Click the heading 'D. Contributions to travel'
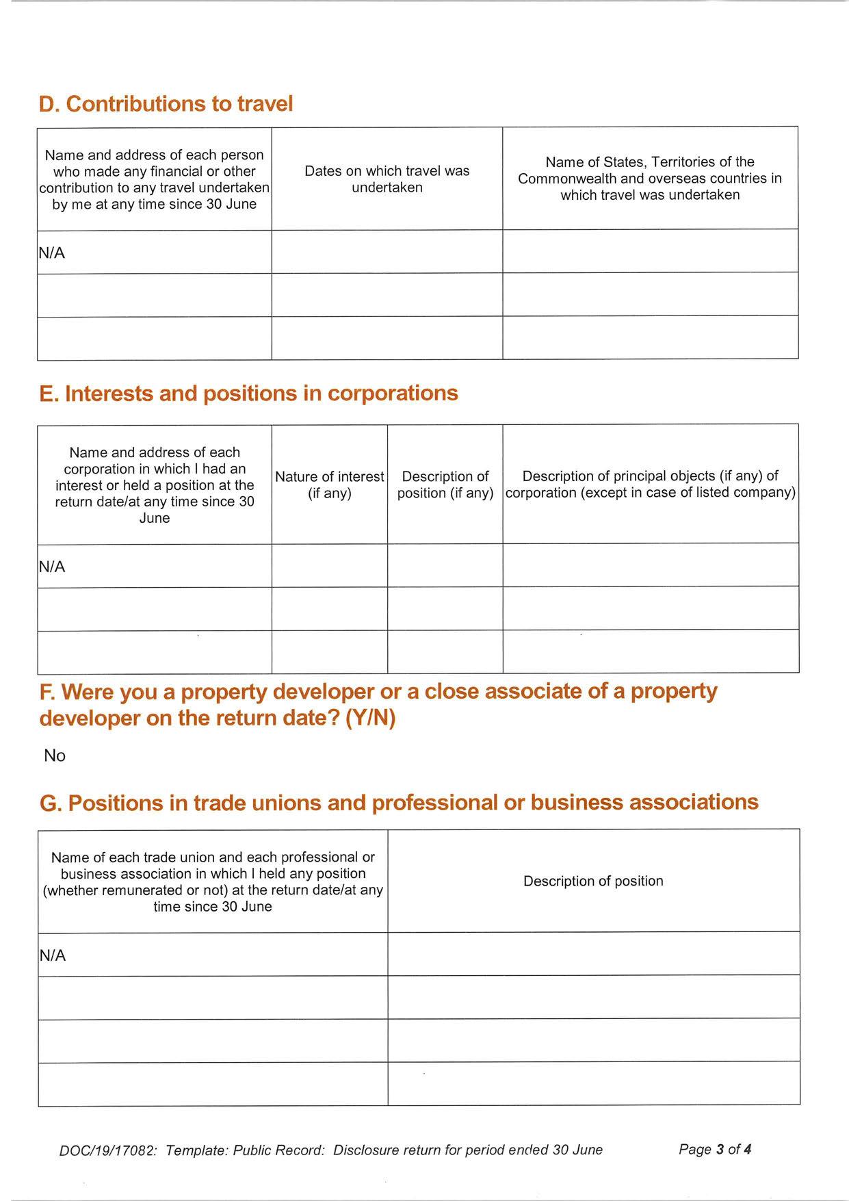[x=166, y=104]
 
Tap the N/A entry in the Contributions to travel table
[x=52, y=253]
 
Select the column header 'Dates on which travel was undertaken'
[x=387, y=179]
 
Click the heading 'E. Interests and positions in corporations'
[x=248, y=393]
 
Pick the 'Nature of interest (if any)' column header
[x=330, y=485]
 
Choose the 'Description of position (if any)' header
[x=445, y=485]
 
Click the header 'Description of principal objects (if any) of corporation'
[x=651, y=485]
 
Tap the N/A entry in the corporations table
[x=52, y=567]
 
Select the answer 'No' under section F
[x=55, y=756]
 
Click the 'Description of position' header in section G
[x=593, y=881]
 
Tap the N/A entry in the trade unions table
[x=53, y=955]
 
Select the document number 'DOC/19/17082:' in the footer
[x=108, y=1151]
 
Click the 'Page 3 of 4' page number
[x=715, y=1150]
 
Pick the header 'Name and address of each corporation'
[x=155, y=485]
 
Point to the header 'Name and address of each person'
[x=154, y=179]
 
